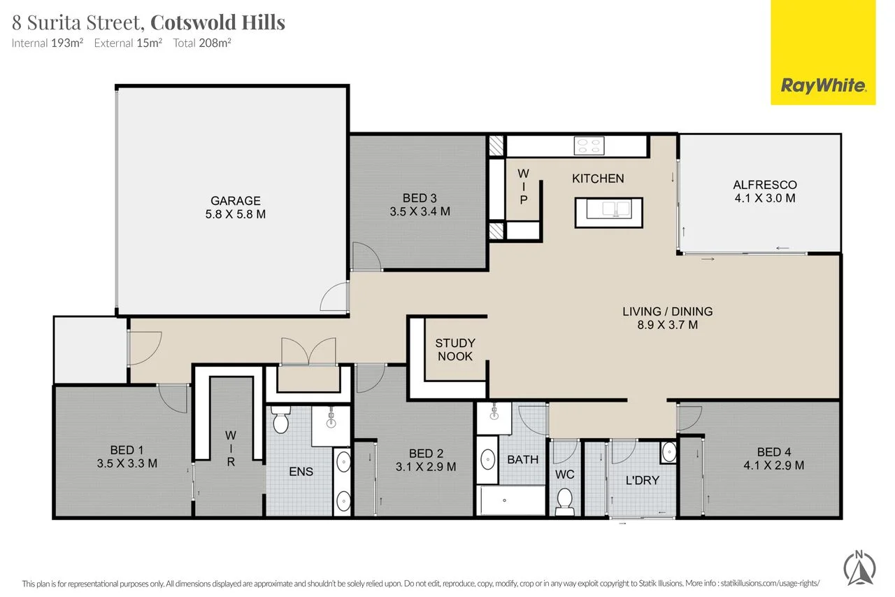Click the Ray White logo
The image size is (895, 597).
(823, 85)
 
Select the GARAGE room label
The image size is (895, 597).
(236, 201)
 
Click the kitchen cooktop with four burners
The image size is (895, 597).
(589, 146)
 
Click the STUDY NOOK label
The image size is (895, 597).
(454, 349)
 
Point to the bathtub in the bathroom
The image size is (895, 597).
(510, 501)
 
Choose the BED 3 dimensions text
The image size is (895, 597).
(420, 211)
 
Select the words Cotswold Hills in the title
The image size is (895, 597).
(218, 22)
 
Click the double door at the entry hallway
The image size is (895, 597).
(308, 351)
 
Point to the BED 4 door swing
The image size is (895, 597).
(689, 419)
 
